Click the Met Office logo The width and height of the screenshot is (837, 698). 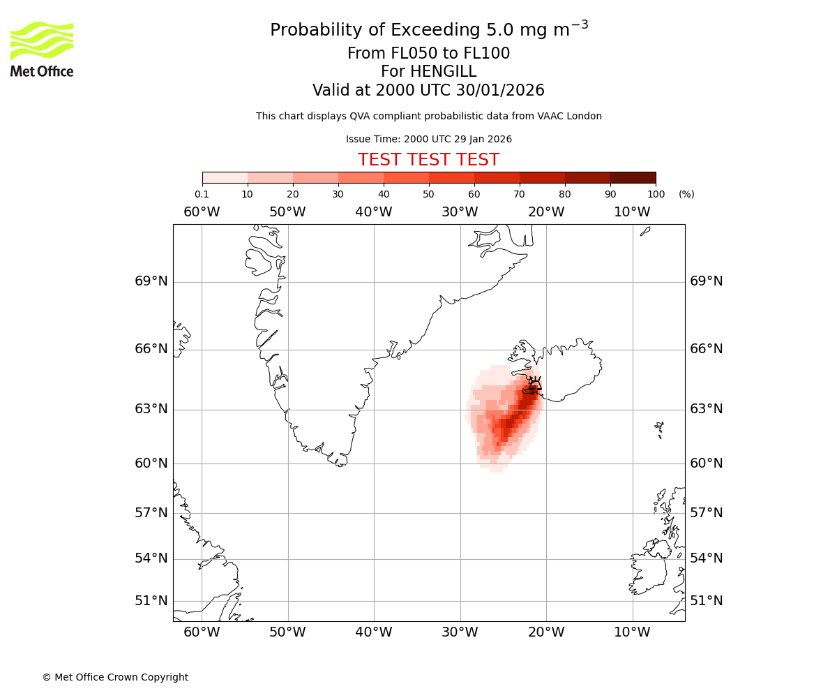(42, 49)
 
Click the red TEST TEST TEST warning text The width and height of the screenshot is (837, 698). (428, 160)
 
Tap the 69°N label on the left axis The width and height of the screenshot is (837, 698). (151, 281)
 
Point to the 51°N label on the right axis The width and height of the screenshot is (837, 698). (706, 601)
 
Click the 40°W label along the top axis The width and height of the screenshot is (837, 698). (374, 212)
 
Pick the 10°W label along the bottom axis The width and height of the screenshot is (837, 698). (632, 632)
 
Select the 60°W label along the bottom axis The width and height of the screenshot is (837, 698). (202, 632)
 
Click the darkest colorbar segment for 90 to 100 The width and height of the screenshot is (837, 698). (633, 177)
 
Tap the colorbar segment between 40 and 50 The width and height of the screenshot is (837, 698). (406, 177)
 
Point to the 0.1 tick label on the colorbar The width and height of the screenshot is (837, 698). (202, 194)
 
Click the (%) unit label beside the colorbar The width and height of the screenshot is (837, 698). (686, 194)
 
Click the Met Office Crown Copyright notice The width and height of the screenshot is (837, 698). (115, 677)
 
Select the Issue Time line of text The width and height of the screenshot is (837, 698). (428, 139)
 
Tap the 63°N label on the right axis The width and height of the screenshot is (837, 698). (706, 409)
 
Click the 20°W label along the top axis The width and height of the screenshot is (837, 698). (546, 212)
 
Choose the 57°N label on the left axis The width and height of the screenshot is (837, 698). (151, 513)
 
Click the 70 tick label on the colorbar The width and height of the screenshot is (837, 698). (519, 194)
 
